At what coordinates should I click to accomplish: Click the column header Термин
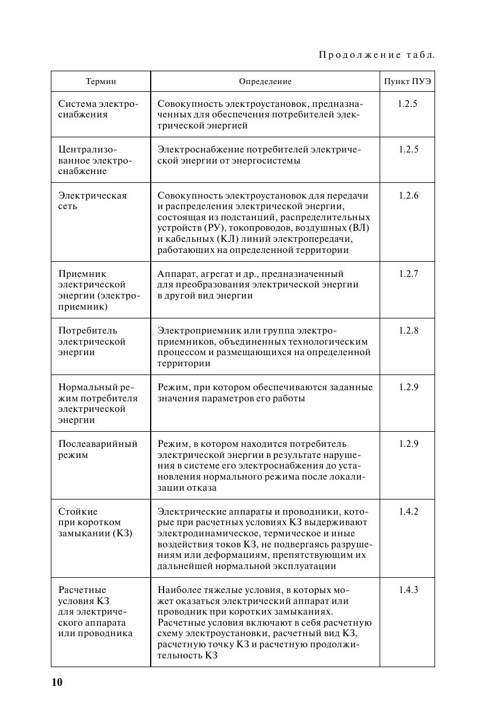pos(101,82)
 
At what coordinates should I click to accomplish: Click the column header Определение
pos(265,82)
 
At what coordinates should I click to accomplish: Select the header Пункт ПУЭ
pos(407,82)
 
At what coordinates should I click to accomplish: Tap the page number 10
pos(57,682)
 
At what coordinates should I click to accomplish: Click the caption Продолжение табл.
pos(377,55)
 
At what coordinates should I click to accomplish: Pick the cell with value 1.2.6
pos(408,196)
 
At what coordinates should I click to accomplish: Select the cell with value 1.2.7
pos(408,273)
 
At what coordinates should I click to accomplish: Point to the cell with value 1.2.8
pos(408,331)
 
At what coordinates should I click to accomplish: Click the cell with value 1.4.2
pos(408,512)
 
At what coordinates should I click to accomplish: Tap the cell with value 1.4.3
pos(408,590)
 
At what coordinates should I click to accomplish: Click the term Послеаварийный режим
pos(98,449)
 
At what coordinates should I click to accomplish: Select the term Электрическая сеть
pos(92,201)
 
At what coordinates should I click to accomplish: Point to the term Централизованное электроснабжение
pos(95,160)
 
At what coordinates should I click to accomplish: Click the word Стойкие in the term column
pos(78,512)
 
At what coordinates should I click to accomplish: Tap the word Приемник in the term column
pos(82,273)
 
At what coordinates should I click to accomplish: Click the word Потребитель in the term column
pos(88,331)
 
